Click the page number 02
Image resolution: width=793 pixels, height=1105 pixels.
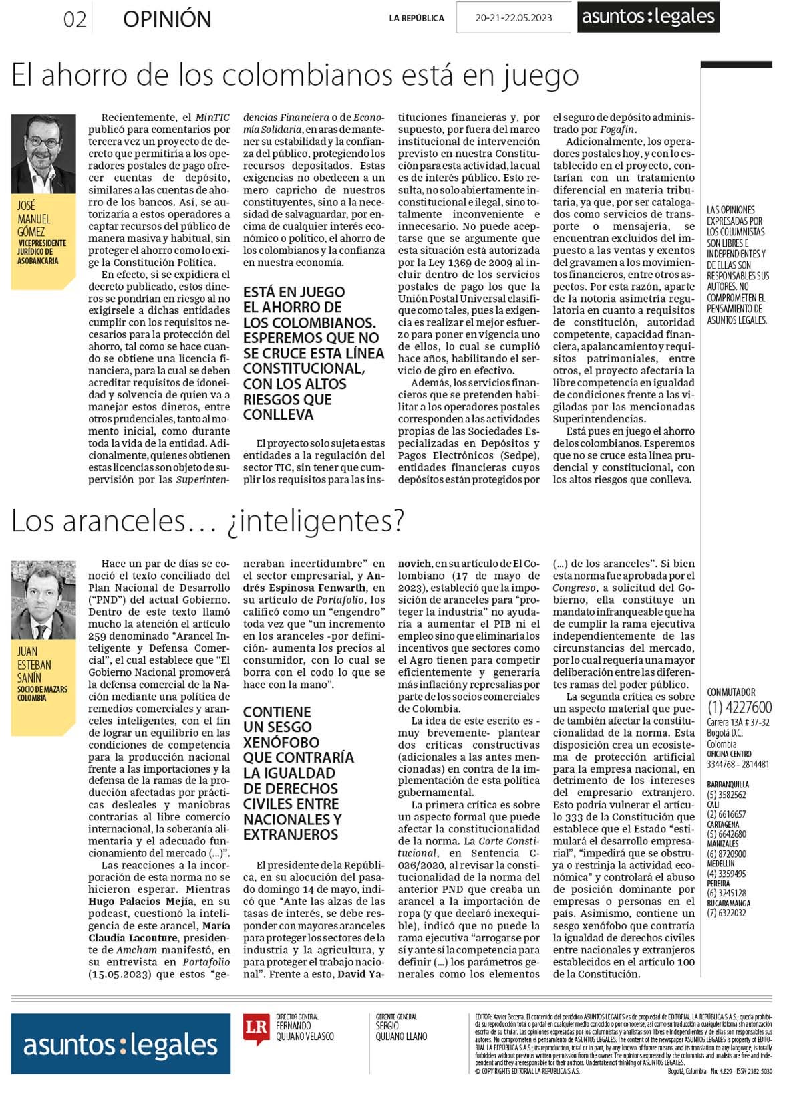pos(75,19)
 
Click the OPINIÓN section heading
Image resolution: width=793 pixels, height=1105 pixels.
pos(167,19)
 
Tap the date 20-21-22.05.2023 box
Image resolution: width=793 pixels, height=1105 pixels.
pos(513,18)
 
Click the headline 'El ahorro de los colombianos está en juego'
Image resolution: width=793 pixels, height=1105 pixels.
pos(295,75)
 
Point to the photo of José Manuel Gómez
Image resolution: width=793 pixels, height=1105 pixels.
pos(43,154)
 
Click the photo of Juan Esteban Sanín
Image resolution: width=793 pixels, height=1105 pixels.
pos(43,600)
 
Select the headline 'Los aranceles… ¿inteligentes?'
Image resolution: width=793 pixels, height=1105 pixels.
pos(208,521)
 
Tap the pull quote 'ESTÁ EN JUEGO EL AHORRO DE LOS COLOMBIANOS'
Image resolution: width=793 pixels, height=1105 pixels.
pos(313,353)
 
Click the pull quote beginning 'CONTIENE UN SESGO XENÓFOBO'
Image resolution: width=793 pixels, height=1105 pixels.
pos(299,773)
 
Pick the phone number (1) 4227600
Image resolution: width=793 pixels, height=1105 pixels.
pos(739,707)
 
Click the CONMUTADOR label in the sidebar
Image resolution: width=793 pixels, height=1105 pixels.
pos(731,692)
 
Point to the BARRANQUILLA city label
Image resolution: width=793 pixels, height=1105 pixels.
pos(728,784)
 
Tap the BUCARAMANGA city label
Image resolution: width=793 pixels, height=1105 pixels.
pos(728,903)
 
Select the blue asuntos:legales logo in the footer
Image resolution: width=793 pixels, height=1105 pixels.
pos(120,1044)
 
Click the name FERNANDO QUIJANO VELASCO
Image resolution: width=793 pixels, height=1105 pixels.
pos(304,1031)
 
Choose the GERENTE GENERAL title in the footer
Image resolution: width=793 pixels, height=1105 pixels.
pos(396,1017)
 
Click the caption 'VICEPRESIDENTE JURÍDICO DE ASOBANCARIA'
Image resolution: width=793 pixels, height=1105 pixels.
pos(42,252)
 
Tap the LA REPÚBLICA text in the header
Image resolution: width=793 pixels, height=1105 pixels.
pos(416,19)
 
